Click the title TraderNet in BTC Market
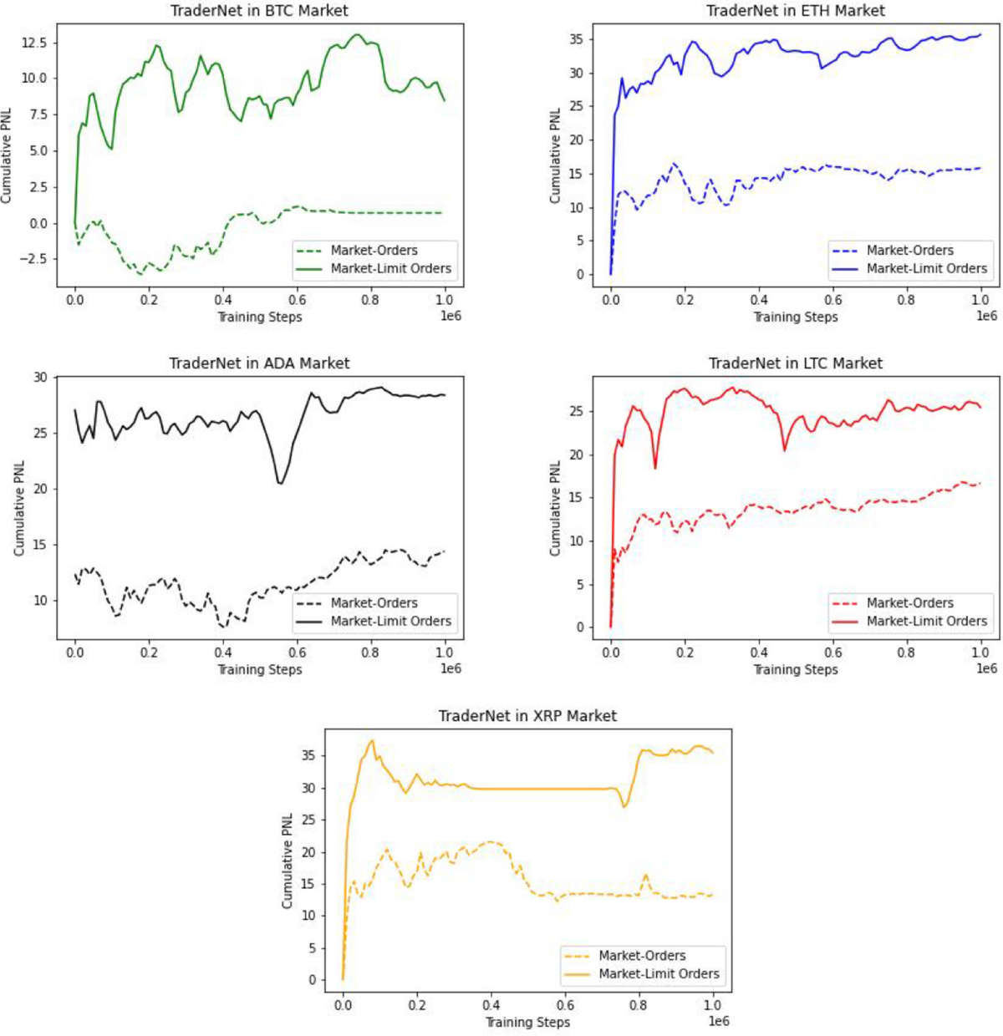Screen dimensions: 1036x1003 (x=259, y=11)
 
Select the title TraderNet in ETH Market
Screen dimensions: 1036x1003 (x=795, y=11)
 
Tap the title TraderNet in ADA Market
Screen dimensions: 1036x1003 (x=259, y=363)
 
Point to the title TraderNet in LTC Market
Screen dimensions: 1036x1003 (x=795, y=363)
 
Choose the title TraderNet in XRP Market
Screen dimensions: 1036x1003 (x=527, y=716)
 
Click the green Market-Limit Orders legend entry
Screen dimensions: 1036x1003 (x=390, y=268)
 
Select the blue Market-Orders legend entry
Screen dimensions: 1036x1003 (x=909, y=250)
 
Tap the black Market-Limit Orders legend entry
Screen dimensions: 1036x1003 (x=390, y=621)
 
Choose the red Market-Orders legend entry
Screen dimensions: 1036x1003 (x=909, y=602)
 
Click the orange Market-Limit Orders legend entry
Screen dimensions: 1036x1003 (x=659, y=973)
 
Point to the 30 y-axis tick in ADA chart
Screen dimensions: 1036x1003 (x=40, y=378)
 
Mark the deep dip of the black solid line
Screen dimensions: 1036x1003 (x=280, y=483)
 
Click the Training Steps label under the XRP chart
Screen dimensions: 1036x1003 (x=527, y=1022)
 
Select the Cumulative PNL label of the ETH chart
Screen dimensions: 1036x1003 (x=556, y=156)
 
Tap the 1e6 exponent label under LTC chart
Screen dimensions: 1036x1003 (x=986, y=668)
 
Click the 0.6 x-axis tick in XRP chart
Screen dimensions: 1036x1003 (x=565, y=1005)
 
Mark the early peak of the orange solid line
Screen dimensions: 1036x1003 (x=373, y=740)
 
